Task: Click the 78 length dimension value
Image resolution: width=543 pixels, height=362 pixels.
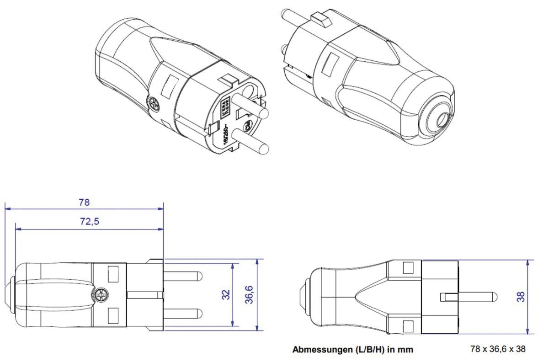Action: (x=84, y=202)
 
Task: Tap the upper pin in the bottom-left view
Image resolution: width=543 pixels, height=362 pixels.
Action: (x=183, y=277)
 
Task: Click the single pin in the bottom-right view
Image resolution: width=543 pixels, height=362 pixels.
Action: (x=475, y=297)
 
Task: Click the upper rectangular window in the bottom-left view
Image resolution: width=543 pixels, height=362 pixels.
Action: (x=112, y=274)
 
